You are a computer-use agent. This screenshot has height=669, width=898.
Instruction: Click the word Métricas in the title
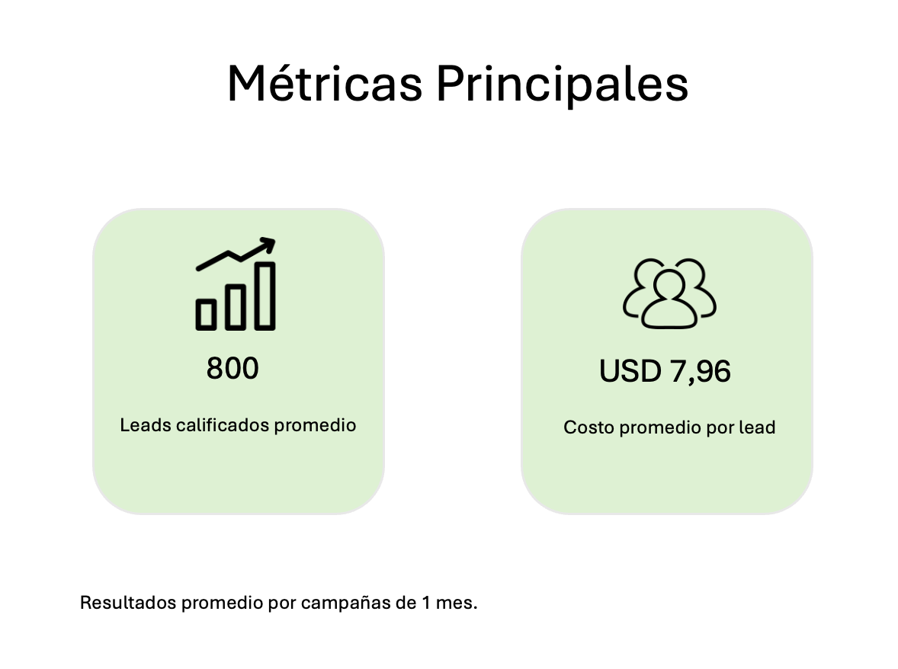pyautogui.click(x=325, y=84)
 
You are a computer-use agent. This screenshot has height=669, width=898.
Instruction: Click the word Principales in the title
pyautogui.click(x=562, y=85)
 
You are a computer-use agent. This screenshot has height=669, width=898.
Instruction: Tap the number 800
pyautogui.click(x=233, y=368)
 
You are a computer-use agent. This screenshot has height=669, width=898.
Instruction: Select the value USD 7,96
pyautogui.click(x=665, y=371)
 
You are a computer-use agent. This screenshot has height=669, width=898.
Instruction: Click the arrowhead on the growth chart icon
pyautogui.click(x=268, y=245)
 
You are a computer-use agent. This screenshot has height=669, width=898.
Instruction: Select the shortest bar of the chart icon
pyautogui.click(x=206, y=314)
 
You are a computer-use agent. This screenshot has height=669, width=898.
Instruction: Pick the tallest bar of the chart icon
pyautogui.click(x=265, y=296)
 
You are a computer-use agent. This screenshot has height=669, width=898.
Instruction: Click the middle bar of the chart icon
pyautogui.click(x=236, y=307)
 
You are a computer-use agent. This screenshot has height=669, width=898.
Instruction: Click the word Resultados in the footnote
pyautogui.click(x=128, y=603)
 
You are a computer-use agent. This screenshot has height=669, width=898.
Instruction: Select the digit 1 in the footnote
pyautogui.click(x=425, y=603)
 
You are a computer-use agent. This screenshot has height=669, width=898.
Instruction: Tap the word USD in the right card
pyautogui.click(x=630, y=371)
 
